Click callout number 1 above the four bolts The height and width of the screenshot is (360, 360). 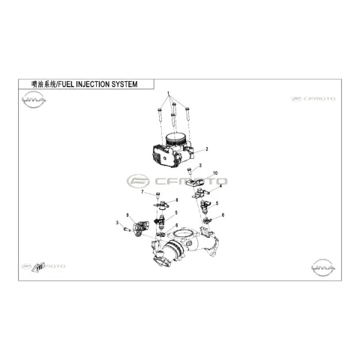[x=168, y=93]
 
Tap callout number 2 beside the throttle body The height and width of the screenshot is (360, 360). [x=207, y=149]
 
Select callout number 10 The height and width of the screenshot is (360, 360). [x=215, y=173]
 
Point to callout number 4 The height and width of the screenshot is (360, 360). [x=220, y=186]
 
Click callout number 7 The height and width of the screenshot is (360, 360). [x=142, y=192]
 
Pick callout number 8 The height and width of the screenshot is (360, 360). [x=177, y=200]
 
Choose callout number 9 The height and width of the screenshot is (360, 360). [x=127, y=215]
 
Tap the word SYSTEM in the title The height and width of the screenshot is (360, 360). [x=124, y=84]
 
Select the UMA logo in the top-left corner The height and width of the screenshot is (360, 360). [x=34, y=100]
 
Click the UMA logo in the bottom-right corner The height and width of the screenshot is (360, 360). [x=323, y=268]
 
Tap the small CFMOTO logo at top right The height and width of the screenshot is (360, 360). [x=313, y=99]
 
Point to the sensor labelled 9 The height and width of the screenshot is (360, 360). [x=140, y=228]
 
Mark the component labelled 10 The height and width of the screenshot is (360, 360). [x=196, y=183]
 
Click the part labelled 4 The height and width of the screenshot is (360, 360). [x=200, y=193]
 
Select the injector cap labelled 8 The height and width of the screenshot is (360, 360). [x=162, y=204]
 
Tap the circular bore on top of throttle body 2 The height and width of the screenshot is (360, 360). [x=176, y=138]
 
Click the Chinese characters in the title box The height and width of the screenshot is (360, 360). [x=44, y=84]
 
